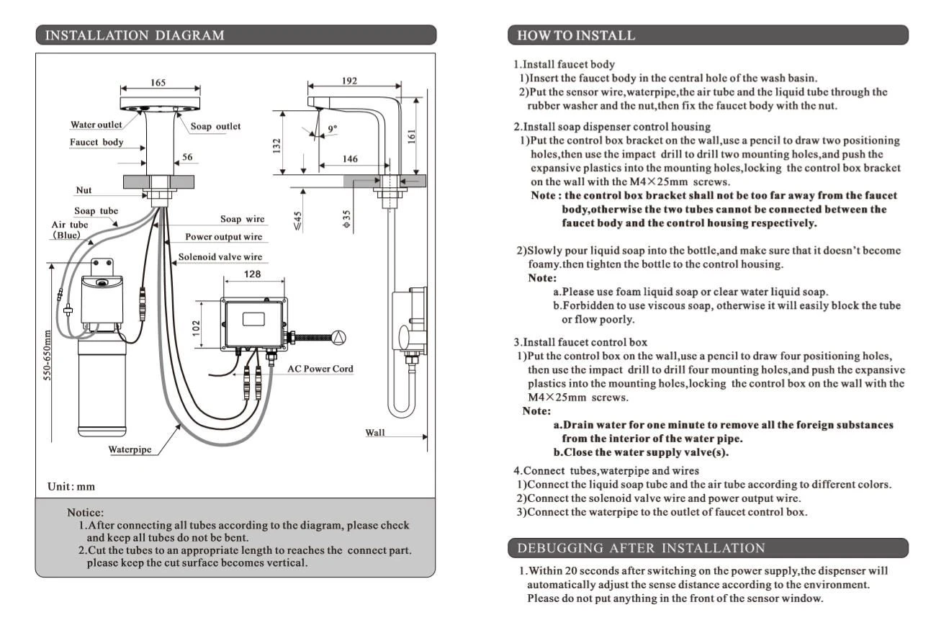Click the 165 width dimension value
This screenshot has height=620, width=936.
point(158,83)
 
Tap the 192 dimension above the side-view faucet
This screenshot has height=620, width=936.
point(349,81)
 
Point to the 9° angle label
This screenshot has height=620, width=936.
point(332,128)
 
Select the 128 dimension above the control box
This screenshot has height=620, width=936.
point(253,274)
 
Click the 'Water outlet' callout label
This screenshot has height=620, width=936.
point(96,125)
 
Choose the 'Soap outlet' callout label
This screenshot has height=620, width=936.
point(215,126)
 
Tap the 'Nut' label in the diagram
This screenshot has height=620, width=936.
point(84,190)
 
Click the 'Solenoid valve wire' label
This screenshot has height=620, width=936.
point(220,256)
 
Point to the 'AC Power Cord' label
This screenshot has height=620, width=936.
point(320,369)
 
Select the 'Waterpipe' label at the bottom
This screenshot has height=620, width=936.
point(130,449)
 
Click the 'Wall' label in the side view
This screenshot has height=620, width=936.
point(375,432)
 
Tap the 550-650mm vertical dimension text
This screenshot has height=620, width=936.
point(48,356)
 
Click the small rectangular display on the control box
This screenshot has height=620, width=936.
point(253,319)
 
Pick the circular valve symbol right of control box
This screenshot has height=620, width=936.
point(339,337)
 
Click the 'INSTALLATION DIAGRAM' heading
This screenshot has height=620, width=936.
point(135,35)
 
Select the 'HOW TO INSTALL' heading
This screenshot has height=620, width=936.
point(576,35)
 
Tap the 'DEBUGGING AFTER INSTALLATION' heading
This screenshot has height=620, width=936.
point(641,548)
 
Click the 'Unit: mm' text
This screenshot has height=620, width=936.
point(71,486)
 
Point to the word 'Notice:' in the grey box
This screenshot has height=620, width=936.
point(85,512)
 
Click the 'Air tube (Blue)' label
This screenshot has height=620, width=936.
point(70,230)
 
